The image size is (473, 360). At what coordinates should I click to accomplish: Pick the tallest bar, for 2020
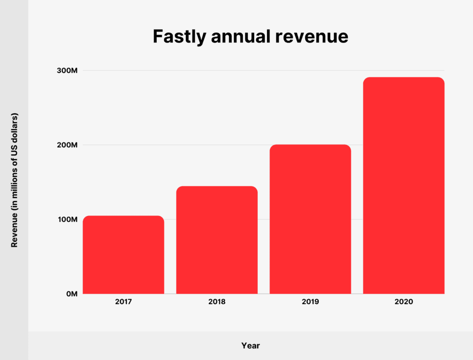(x=404, y=185)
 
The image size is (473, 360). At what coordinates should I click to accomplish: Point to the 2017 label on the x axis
(x=123, y=301)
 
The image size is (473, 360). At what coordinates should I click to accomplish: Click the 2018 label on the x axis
(x=217, y=301)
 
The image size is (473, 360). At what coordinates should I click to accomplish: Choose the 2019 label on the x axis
(x=310, y=301)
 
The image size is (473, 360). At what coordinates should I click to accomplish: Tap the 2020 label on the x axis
(x=404, y=301)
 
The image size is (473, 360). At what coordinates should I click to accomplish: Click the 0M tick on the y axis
(x=71, y=294)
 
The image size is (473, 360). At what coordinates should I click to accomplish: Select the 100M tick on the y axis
(x=68, y=219)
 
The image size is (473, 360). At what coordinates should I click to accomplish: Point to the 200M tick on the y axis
(x=68, y=145)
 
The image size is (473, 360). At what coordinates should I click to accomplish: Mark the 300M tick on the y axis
(x=68, y=71)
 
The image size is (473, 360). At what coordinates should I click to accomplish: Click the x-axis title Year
(x=250, y=346)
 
